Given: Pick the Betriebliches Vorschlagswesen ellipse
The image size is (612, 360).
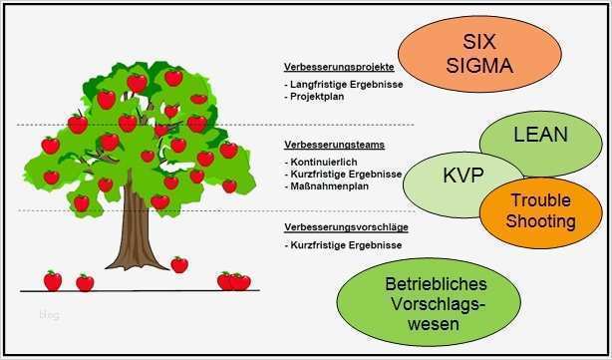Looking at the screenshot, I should tap(436, 302).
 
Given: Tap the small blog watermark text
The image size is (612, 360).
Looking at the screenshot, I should tap(49, 315).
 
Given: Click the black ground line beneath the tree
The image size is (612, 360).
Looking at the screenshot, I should tap(150, 290).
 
